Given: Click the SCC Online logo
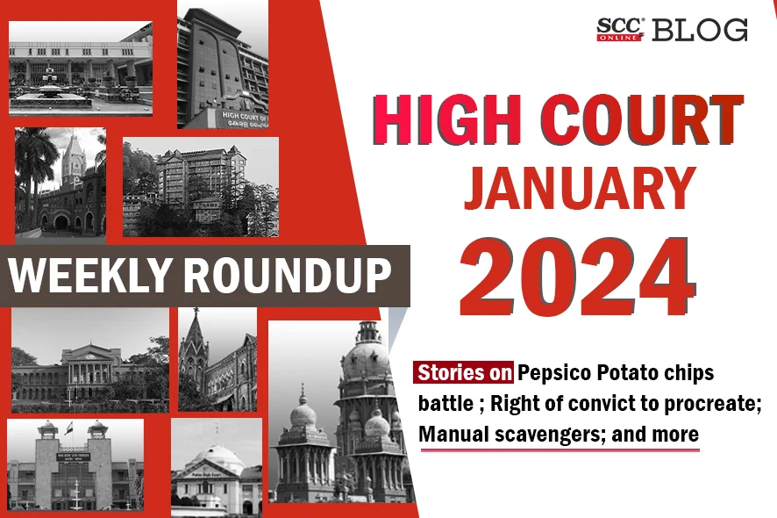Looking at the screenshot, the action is (620, 30).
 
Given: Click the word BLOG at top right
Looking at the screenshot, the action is (700, 30).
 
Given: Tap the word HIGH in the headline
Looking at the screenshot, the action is (450, 120).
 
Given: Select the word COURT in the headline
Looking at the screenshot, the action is (643, 120).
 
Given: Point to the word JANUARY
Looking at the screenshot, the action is (580, 189).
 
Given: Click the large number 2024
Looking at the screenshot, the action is (578, 277).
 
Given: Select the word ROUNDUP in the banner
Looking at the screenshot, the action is (288, 275).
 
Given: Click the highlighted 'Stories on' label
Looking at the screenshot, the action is (464, 372).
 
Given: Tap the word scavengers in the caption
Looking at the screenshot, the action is (549, 435).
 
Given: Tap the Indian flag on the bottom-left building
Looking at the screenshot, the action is (68, 428).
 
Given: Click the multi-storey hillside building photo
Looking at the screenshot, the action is (201, 187).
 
